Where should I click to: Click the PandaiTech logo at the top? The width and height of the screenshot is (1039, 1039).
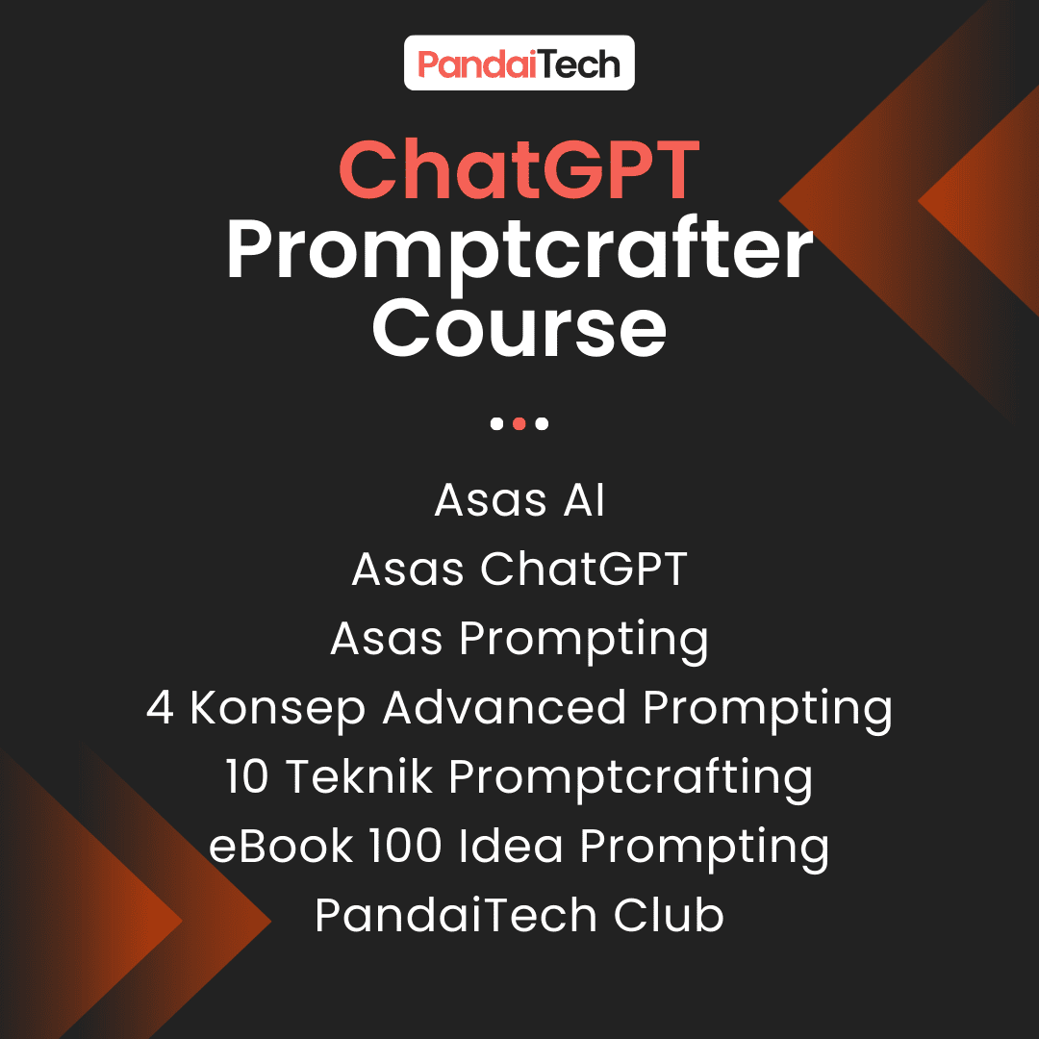pyautogui.click(x=519, y=63)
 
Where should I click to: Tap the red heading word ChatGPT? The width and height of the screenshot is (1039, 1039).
pyautogui.click(x=519, y=169)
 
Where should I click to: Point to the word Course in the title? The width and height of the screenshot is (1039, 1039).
pyautogui.click(x=519, y=328)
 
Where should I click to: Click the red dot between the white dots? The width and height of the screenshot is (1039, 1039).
pyautogui.click(x=519, y=423)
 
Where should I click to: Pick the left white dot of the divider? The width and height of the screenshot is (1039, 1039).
pyautogui.click(x=496, y=423)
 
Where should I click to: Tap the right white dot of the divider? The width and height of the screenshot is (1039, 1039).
pyautogui.click(x=542, y=423)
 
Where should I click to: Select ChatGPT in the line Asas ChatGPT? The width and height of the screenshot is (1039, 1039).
pyautogui.click(x=583, y=569)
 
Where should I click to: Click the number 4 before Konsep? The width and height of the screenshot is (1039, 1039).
pyautogui.click(x=161, y=708)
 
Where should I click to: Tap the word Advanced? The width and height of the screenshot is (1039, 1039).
pyautogui.click(x=503, y=707)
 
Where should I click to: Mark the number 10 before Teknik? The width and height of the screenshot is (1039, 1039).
pyautogui.click(x=246, y=776)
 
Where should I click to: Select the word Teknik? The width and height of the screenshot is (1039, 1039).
pyautogui.click(x=359, y=776)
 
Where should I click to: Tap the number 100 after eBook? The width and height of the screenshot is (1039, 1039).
pyautogui.click(x=406, y=847)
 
